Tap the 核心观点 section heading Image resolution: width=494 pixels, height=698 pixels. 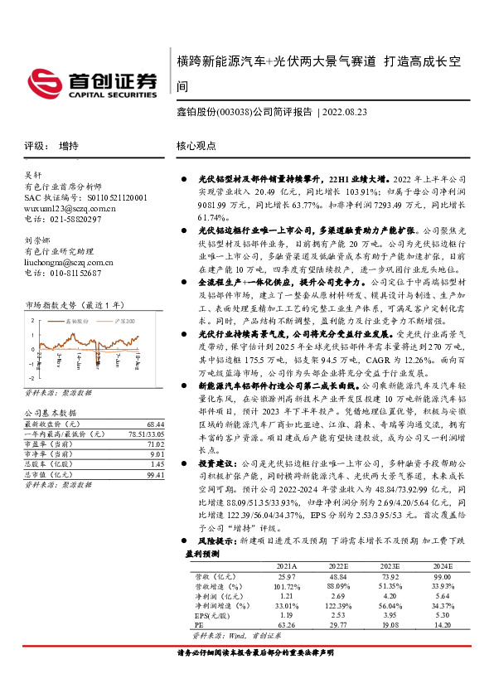(196, 146)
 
